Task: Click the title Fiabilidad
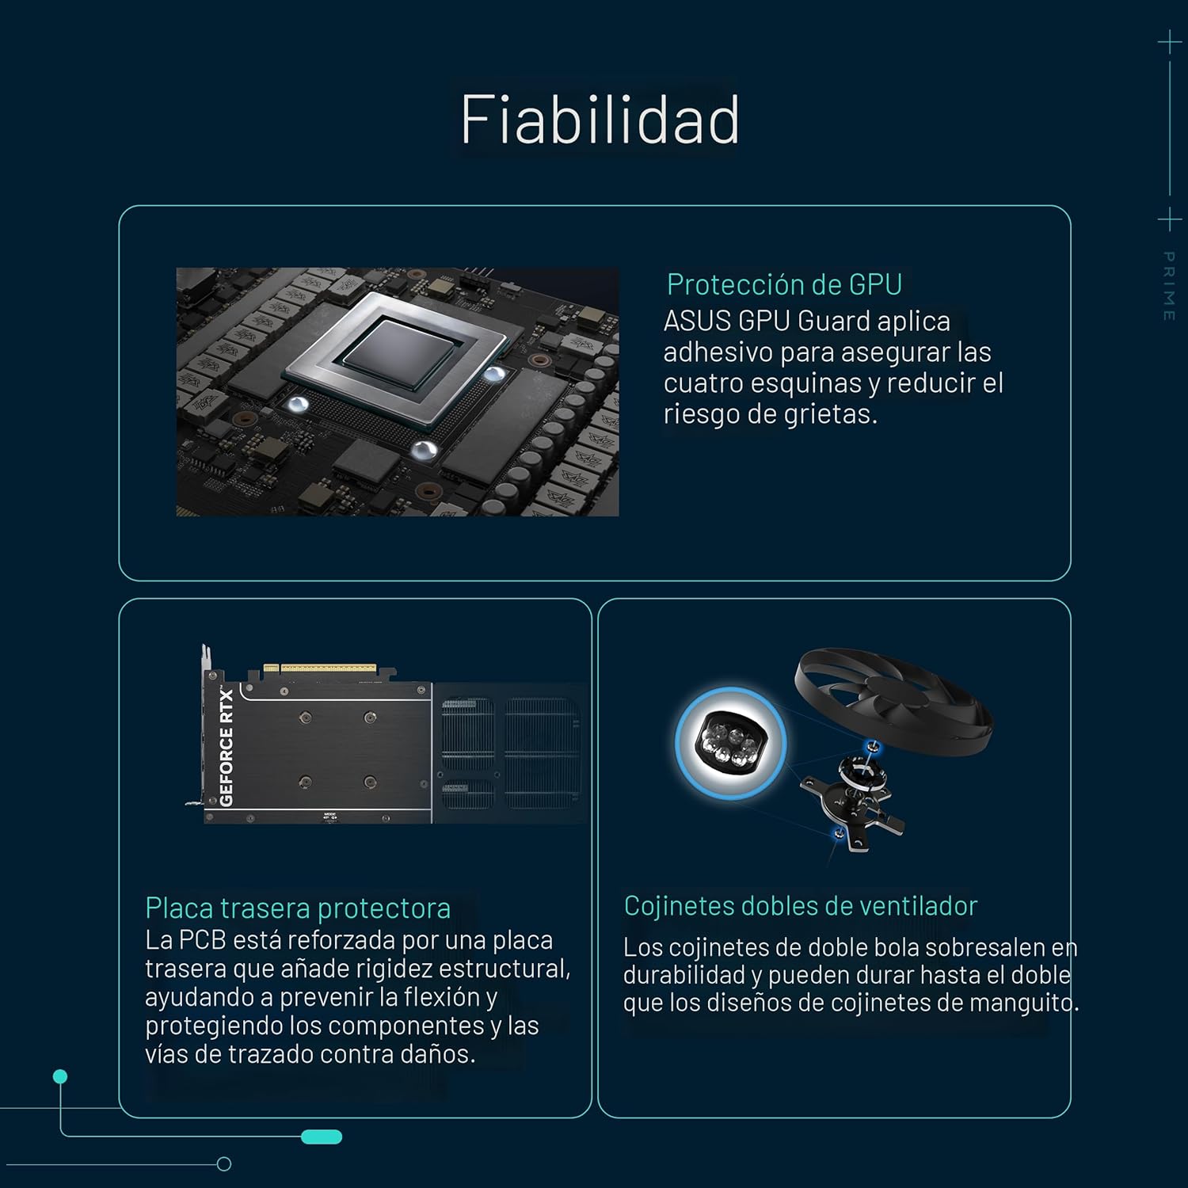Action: point(600,120)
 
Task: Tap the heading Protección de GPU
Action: point(784,284)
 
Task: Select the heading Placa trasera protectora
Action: point(298,908)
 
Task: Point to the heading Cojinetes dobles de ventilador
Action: point(801,905)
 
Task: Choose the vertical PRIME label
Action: point(1168,286)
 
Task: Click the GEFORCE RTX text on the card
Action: point(227,748)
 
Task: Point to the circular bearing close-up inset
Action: point(730,743)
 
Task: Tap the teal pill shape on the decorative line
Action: point(322,1137)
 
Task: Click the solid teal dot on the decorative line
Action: point(60,1076)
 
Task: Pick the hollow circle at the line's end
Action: point(224,1164)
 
